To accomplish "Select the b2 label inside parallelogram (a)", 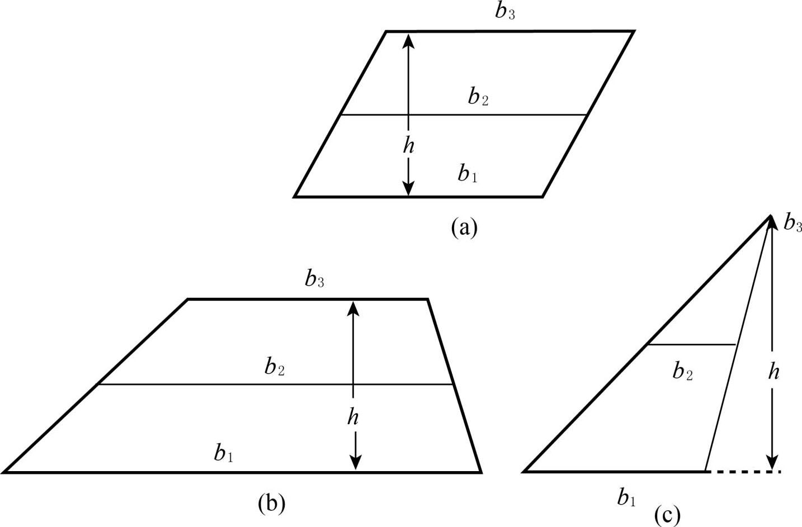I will coord(478,98).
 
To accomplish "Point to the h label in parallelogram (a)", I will coord(409,146).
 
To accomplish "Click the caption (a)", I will coord(464,227).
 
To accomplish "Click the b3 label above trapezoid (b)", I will coord(314,278).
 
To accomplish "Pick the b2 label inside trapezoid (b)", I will coord(275,367).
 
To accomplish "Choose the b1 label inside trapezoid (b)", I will coord(223,453).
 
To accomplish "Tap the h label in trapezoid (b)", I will coord(353,416).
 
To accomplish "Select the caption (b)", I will coord(271,503).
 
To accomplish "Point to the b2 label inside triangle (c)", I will coord(682,371).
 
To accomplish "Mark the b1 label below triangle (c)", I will coord(626,497).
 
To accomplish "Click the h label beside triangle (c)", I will coord(773,371).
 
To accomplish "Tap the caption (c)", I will coord(667,515).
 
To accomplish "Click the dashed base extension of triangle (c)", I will coord(744,472).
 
